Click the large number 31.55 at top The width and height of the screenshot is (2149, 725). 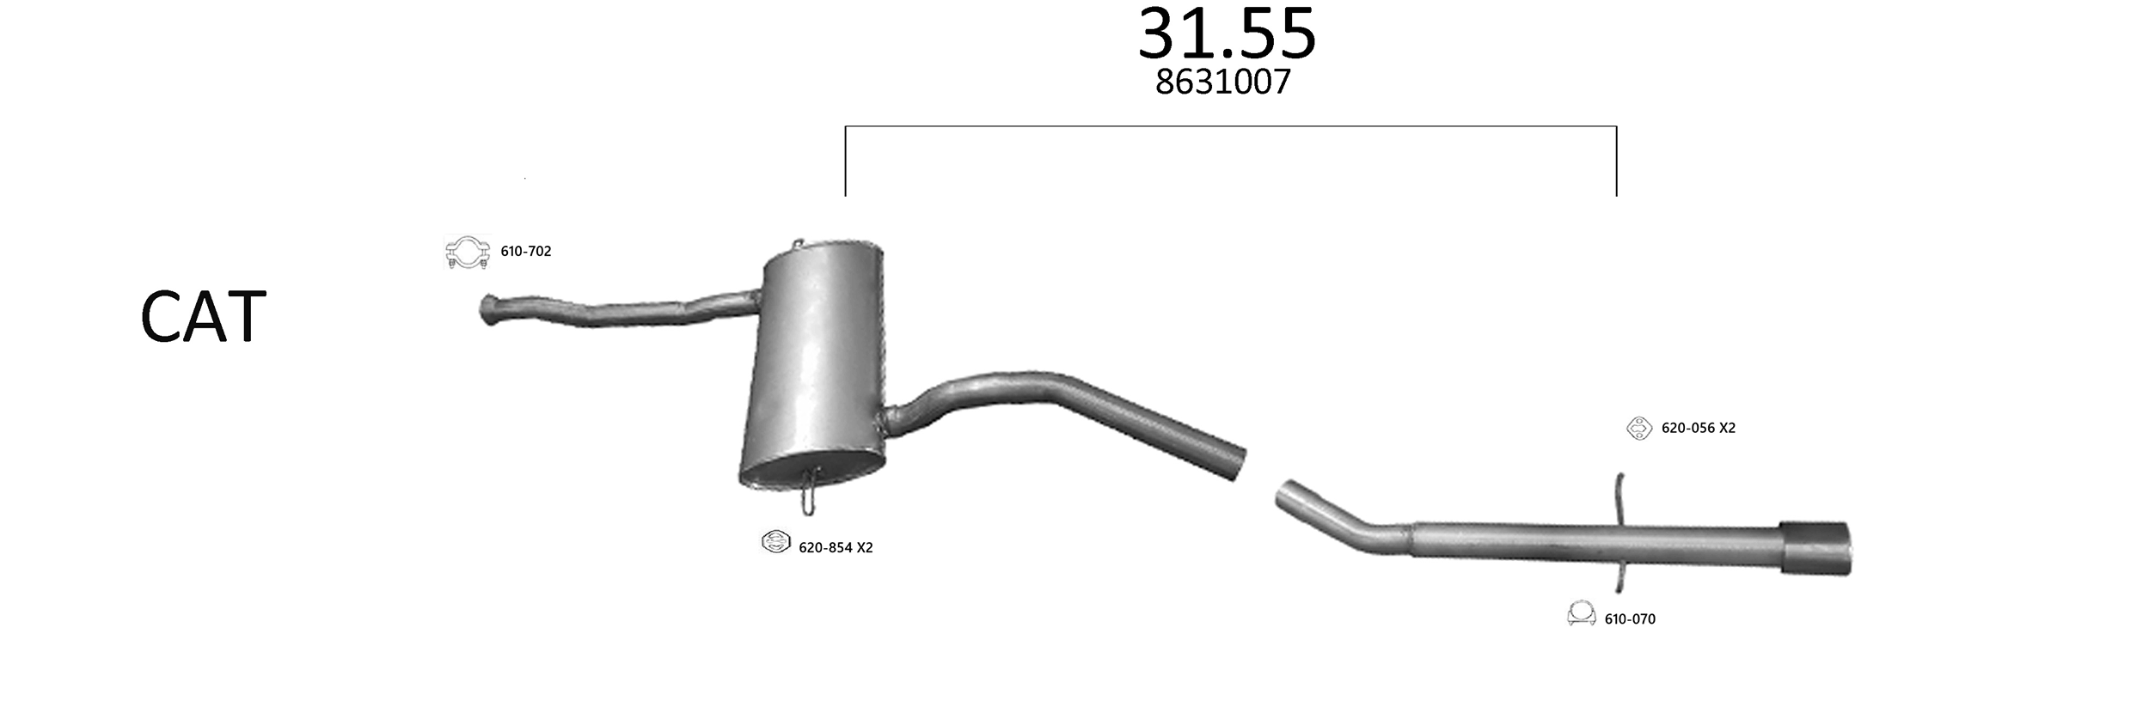[x=1227, y=34]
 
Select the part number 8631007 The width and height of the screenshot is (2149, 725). [x=1223, y=82]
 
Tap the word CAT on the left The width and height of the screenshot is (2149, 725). [x=203, y=317]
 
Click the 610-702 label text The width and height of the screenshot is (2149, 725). [x=526, y=252]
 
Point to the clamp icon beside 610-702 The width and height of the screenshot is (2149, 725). [x=468, y=253]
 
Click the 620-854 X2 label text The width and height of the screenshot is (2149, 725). [x=836, y=548]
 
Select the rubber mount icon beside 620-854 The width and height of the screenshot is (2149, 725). [x=775, y=542]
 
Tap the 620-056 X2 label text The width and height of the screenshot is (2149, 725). [x=1699, y=428]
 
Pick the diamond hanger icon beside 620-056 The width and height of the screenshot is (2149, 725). [x=1639, y=428]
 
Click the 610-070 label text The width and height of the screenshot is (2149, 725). [x=1630, y=619]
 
